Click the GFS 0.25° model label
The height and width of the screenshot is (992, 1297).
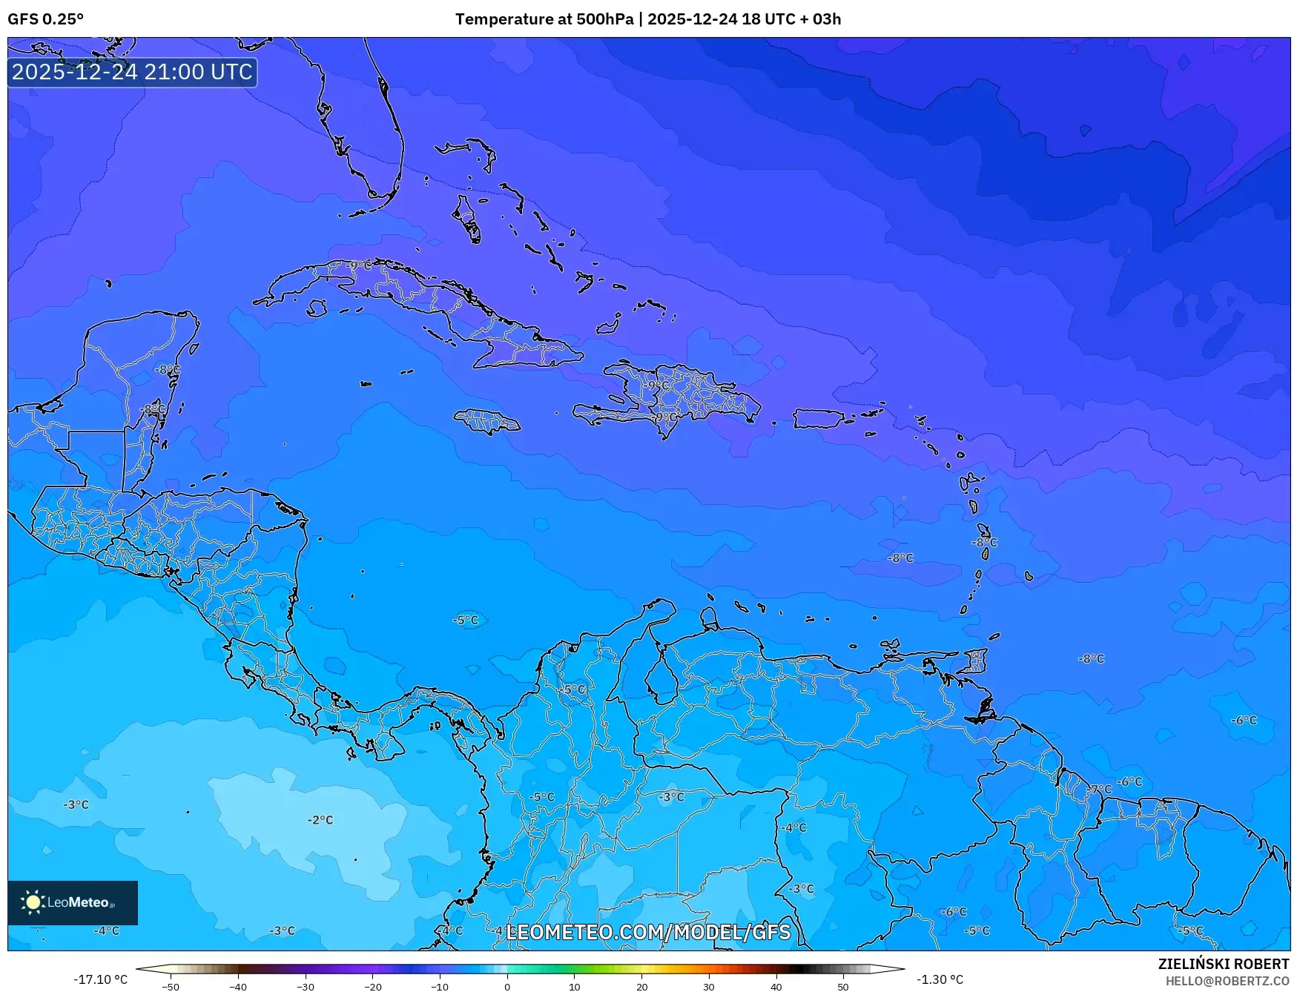[x=45, y=19]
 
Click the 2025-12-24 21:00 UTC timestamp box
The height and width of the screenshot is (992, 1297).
[x=132, y=72]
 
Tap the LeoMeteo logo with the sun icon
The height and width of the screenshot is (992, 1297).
[x=72, y=902]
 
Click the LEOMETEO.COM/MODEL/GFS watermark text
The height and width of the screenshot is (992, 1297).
[x=648, y=932]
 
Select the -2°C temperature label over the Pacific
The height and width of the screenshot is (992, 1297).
[x=320, y=820]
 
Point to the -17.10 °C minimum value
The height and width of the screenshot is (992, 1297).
[x=100, y=979]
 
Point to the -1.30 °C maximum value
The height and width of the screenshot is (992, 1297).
[x=940, y=979]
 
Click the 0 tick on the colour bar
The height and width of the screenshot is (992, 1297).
[x=507, y=986]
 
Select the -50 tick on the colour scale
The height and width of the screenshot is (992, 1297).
[x=171, y=986]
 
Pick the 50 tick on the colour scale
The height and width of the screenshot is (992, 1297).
[x=843, y=986]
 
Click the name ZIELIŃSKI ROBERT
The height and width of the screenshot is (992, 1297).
[x=1223, y=964]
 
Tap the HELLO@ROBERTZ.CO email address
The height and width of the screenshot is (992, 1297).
[x=1227, y=981]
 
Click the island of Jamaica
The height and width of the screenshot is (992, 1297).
[x=486, y=422]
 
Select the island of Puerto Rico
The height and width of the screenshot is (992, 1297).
[x=819, y=419]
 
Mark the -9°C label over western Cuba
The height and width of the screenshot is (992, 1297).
[x=358, y=265]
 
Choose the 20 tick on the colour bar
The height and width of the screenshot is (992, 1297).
[x=641, y=986]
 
